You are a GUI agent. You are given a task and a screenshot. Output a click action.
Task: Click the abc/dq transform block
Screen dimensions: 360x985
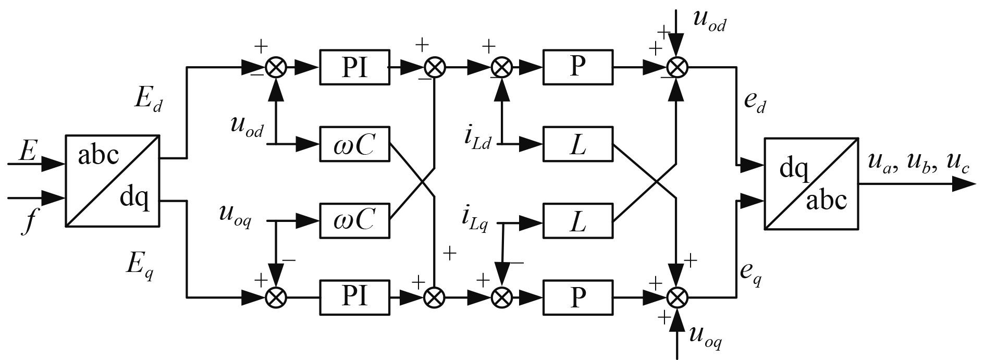(113, 181)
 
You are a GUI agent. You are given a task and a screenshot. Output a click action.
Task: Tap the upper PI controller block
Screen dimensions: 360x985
(354, 67)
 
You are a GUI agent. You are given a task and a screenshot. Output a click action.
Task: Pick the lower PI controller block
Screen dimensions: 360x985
(354, 297)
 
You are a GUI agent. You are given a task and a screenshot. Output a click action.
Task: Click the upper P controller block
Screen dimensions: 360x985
(577, 67)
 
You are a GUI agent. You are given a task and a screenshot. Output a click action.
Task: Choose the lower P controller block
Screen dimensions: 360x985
(577, 297)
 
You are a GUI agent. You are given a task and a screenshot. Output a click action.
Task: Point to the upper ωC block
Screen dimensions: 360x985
(354, 143)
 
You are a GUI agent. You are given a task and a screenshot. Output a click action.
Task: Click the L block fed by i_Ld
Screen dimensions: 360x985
(577, 143)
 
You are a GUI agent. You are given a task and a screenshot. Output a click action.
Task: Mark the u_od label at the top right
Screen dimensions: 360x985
(709, 21)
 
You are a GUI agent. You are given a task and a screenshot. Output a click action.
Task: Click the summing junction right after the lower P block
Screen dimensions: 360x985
(677, 297)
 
